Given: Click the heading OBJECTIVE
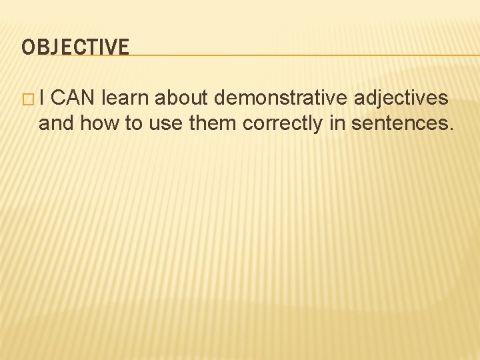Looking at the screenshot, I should tap(75, 47).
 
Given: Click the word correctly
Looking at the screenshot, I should tap(283, 124).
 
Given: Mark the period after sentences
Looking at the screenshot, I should tap(451, 129).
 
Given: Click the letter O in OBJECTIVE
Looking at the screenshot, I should tap(28, 47).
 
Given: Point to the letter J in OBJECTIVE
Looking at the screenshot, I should tap(55, 47).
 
